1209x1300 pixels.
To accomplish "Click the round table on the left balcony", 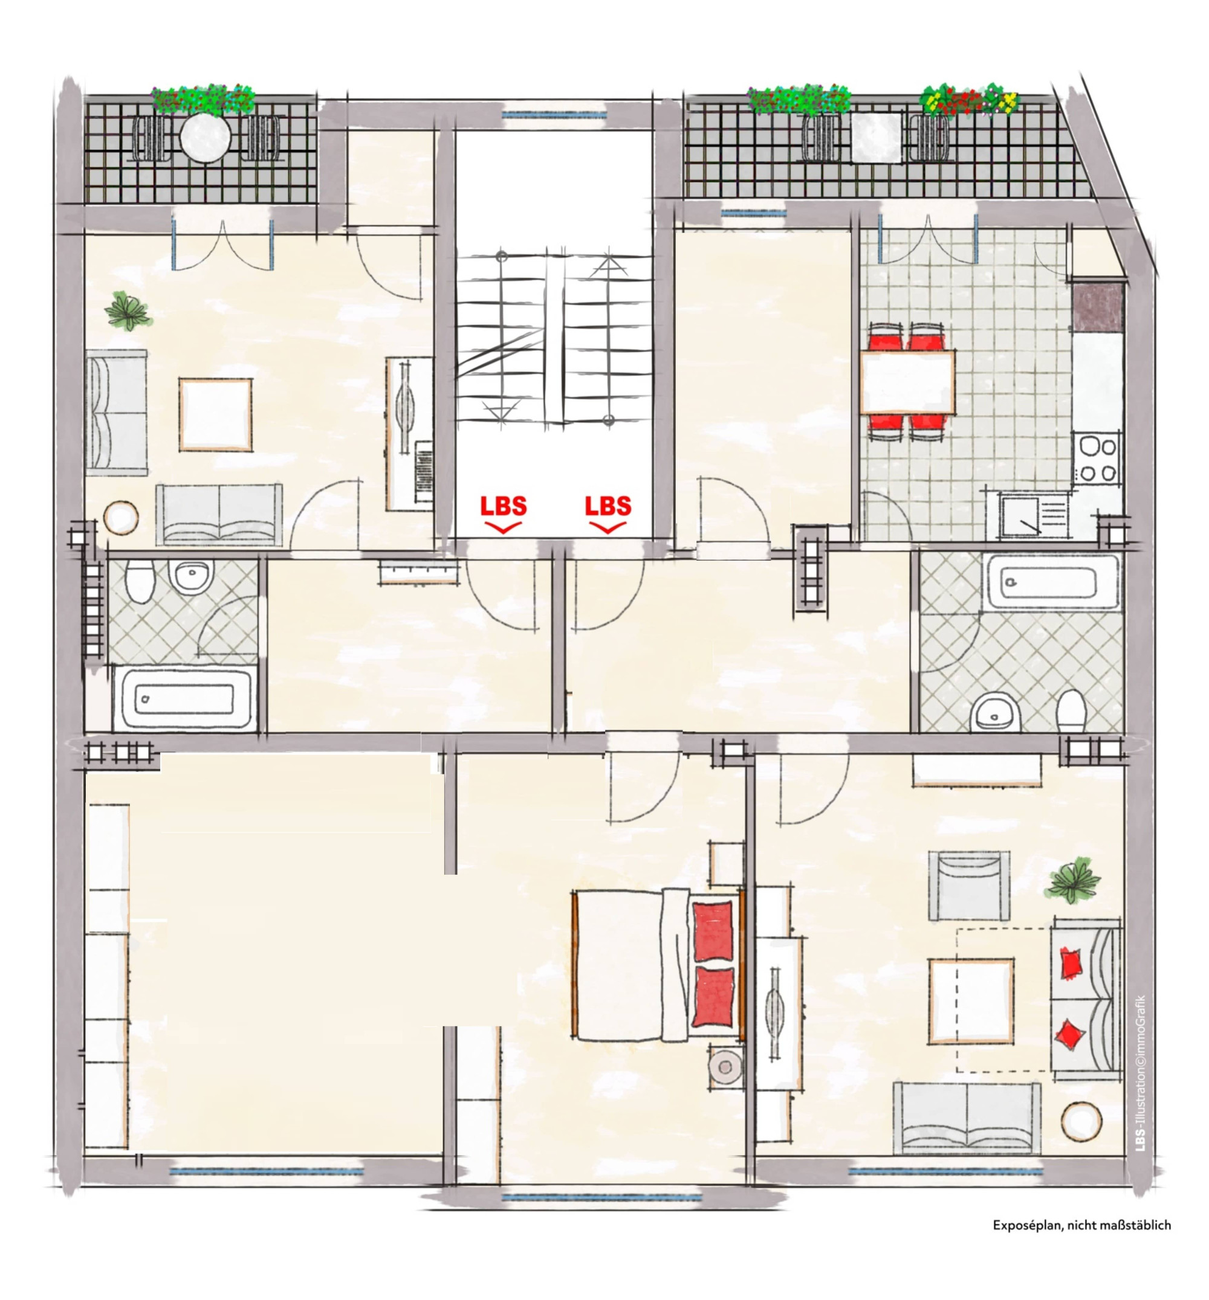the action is (x=206, y=138).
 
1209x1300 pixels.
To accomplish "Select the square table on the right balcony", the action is (x=877, y=138).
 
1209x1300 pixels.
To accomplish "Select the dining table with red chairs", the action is (x=907, y=382).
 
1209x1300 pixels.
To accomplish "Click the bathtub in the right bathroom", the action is (x=1052, y=581).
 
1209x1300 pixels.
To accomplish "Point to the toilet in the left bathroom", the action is (x=140, y=581).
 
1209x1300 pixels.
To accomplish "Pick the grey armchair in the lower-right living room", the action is (x=969, y=886).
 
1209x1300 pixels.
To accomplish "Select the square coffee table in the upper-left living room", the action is (x=215, y=414).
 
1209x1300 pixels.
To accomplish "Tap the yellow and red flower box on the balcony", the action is (x=970, y=98).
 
